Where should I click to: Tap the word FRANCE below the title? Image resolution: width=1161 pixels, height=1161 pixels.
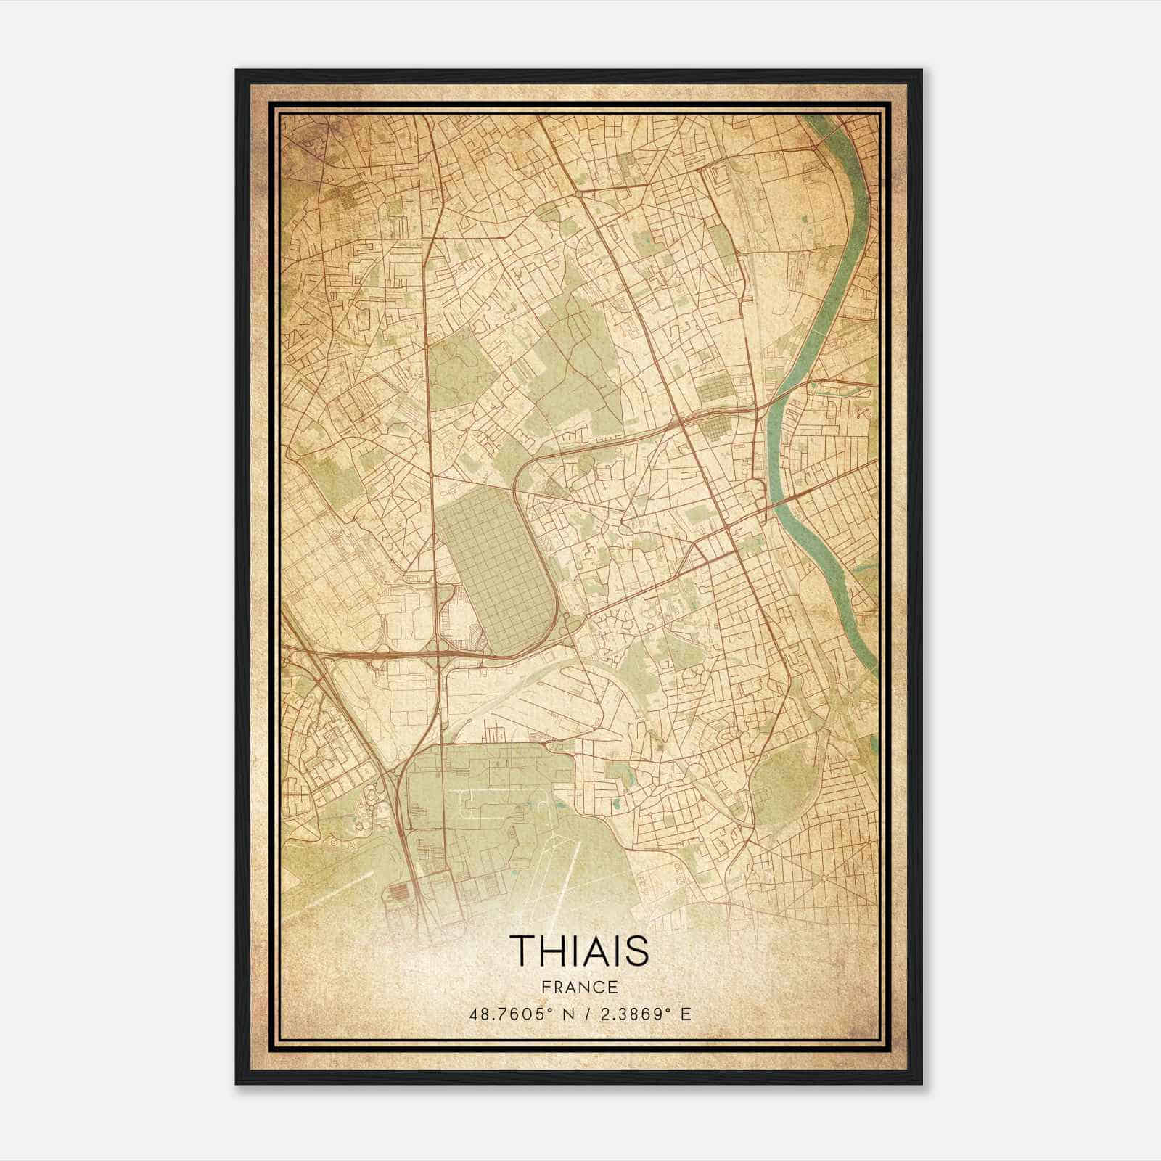pyautogui.click(x=579, y=987)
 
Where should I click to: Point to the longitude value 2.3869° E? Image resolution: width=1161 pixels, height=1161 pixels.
pyautogui.click(x=643, y=1014)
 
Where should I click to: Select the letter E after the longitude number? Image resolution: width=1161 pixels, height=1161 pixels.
pyautogui.click(x=686, y=1014)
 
